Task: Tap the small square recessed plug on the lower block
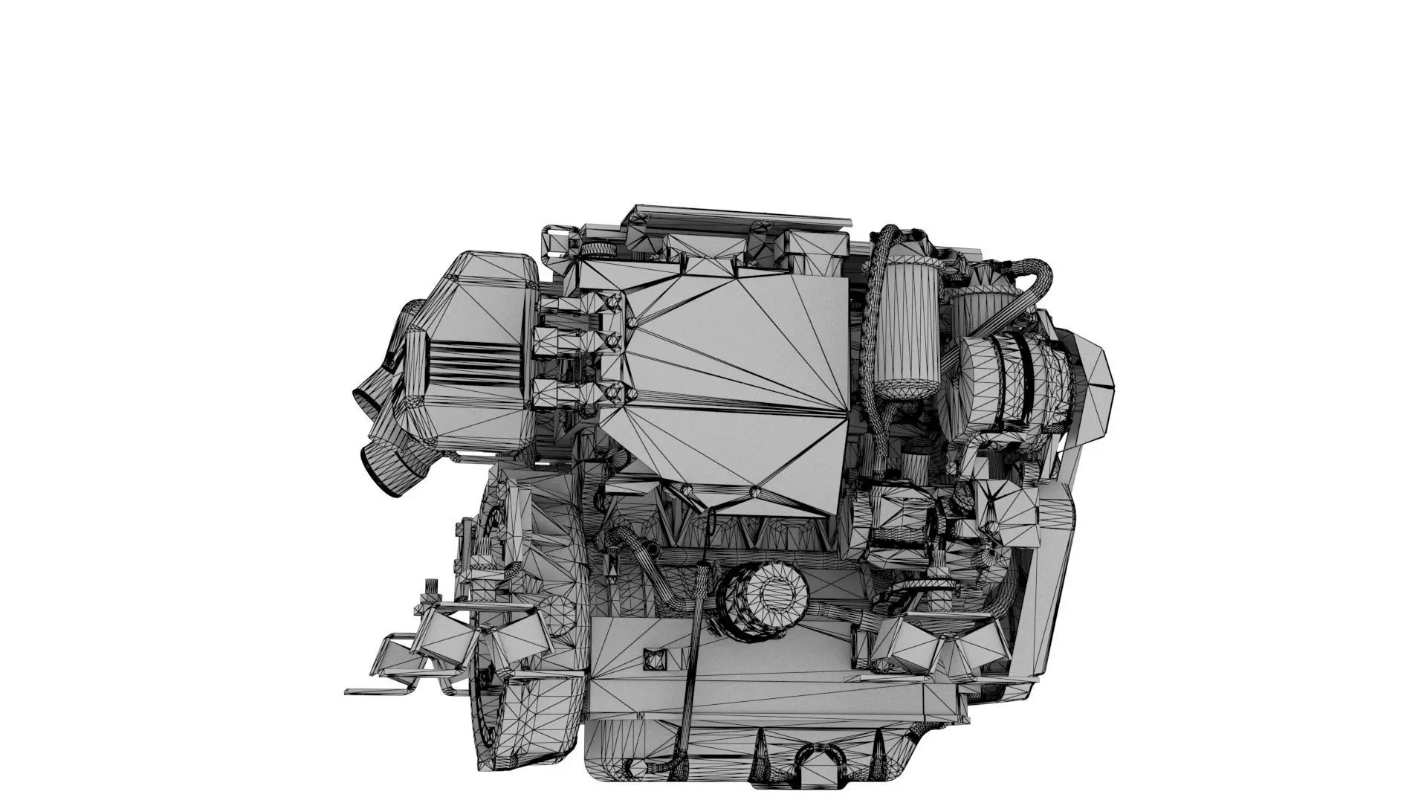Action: tap(654, 659)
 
